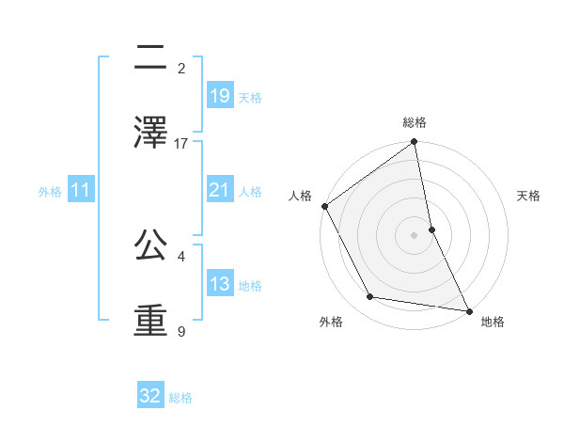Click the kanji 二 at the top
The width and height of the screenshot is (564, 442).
(150, 57)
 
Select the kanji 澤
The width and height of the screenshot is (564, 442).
(150, 133)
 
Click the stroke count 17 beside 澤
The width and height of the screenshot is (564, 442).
(181, 144)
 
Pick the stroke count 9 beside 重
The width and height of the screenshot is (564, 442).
(181, 332)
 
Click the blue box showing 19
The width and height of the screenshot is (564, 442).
(219, 96)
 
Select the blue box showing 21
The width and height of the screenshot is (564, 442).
(219, 190)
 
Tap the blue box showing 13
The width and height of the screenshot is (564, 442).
(219, 284)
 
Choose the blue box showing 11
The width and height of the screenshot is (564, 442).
(81, 191)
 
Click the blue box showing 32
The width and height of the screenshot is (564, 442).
(150, 396)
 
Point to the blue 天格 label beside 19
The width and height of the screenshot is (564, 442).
(250, 98)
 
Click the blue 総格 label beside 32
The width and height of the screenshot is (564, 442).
(180, 398)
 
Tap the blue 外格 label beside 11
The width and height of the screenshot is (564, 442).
(50, 192)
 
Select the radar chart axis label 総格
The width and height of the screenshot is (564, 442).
(415, 123)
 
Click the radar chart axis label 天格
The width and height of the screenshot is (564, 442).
(529, 196)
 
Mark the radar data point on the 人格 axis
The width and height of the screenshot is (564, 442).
(324, 206)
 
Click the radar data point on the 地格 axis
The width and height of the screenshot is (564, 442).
(468, 310)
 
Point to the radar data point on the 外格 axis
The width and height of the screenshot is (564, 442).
(370, 297)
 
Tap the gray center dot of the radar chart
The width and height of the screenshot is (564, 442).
(415, 235)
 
